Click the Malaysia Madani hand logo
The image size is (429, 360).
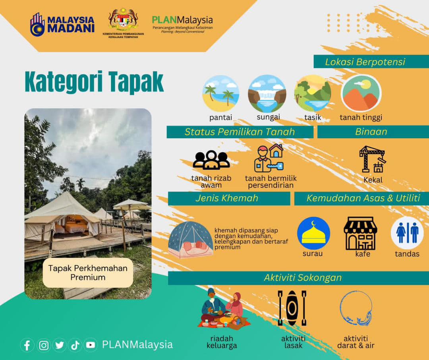click(x=37, y=24)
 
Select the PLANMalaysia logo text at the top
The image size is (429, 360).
click(x=182, y=20)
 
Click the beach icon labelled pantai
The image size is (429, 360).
click(x=221, y=94)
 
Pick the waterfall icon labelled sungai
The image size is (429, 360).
click(x=267, y=94)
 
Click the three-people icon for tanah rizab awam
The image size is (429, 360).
click(x=211, y=160)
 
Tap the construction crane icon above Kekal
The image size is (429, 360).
click(x=373, y=159)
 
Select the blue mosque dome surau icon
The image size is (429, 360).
click(x=313, y=233)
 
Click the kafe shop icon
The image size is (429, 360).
click(x=360, y=233)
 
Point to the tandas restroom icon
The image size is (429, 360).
click(x=407, y=233)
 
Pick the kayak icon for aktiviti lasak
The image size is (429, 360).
click(x=292, y=308)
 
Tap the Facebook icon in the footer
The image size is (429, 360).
click(x=27, y=345)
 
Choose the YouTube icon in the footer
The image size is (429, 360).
click(x=91, y=345)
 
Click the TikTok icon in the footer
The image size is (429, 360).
click(x=75, y=345)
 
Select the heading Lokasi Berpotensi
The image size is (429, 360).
click(x=365, y=62)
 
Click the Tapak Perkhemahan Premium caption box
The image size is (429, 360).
click(x=88, y=273)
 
